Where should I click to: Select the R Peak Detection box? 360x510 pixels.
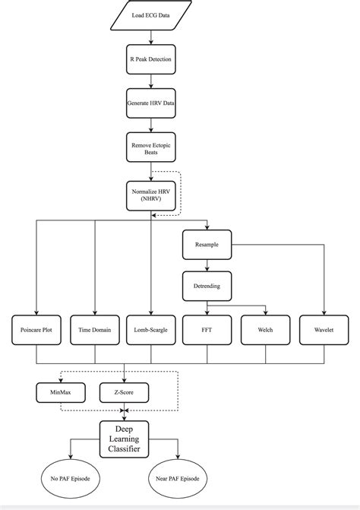151,58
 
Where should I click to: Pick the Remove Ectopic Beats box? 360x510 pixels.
151,147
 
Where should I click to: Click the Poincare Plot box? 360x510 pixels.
37,330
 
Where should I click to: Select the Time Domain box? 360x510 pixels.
94,330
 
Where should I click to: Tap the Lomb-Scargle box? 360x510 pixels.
151,330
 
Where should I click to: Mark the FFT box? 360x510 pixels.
207,330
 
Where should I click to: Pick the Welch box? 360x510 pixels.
266,330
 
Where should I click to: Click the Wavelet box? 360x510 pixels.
324,330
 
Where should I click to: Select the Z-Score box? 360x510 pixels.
123,392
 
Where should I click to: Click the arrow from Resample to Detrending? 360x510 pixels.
207,266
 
